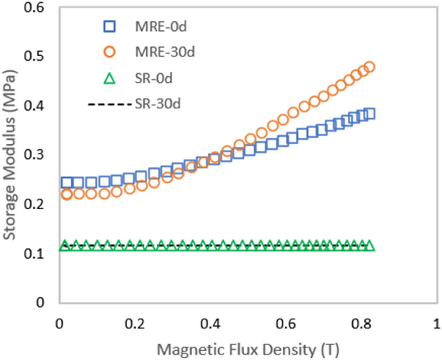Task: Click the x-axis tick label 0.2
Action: point(134,322)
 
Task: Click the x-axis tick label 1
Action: point(436,322)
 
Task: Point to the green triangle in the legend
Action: point(108,79)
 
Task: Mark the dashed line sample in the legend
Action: point(107,105)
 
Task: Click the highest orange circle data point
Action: point(370,67)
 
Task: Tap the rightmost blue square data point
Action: point(370,114)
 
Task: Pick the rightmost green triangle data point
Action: point(370,246)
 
